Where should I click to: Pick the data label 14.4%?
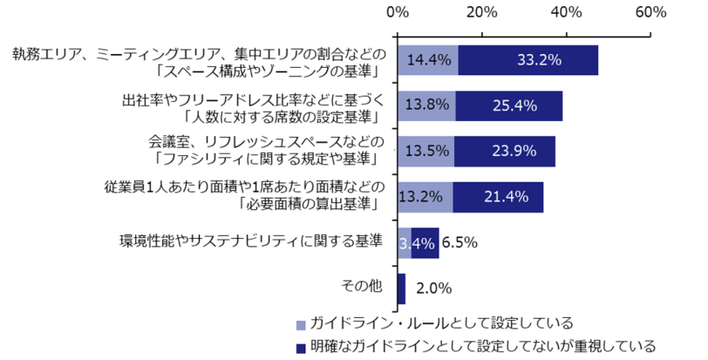428,61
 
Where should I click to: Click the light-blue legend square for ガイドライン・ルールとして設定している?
302,324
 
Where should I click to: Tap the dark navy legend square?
302,347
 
